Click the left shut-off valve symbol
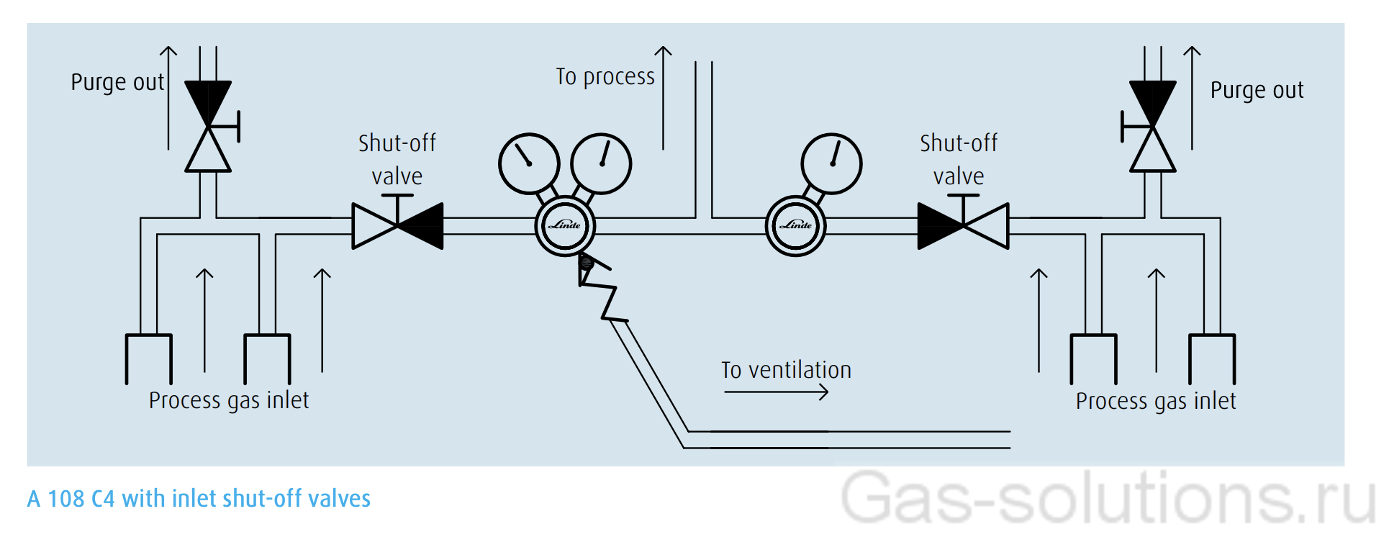pyautogui.click(x=397, y=225)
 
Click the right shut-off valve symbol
pyautogui.click(x=963, y=225)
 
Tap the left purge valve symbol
pyautogui.click(x=208, y=127)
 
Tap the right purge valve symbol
pyautogui.click(x=1152, y=127)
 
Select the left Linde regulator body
pyautogui.click(x=565, y=225)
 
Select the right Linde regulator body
pyautogui.click(x=795, y=225)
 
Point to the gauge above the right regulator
pyautogui.click(x=831, y=163)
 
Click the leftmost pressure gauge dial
pyautogui.click(x=529, y=163)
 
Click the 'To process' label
pyautogui.click(x=605, y=77)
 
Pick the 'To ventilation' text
pyautogui.click(x=786, y=370)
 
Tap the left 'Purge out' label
pyautogui.click(x=117, y=83)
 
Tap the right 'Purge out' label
pyautogui.click(x=1257, y=91)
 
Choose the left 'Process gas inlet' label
pyautogui.click(x=229, y=400)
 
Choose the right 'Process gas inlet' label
pyautogui.click(x=1156, y=401)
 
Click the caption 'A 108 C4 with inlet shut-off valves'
pyautogui.click(x=199, y=499)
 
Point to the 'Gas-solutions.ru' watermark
pyautogui.click(x=1108, y=498)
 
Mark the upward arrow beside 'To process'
pyautogui.click(x=663, y=97)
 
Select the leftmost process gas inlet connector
pyautogui.click(x=149, y=358)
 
